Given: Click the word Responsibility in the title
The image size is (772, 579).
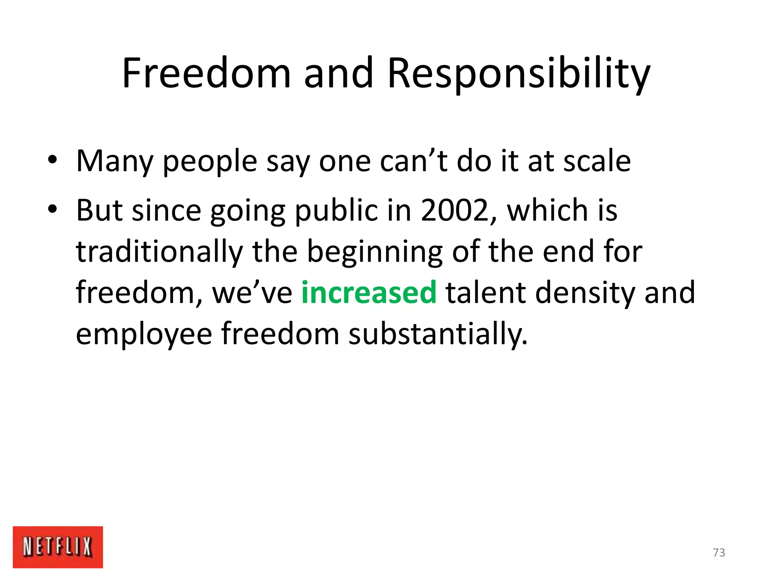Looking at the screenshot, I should click(x=519, y=74).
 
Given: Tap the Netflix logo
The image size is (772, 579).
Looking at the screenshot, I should click(x=58, y=547).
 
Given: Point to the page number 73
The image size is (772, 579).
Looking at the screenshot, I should click(x=719, y=553).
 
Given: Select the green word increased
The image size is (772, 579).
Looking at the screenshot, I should click(x=369, y=293).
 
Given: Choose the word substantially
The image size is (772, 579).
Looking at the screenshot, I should click(x=438, y=334).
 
